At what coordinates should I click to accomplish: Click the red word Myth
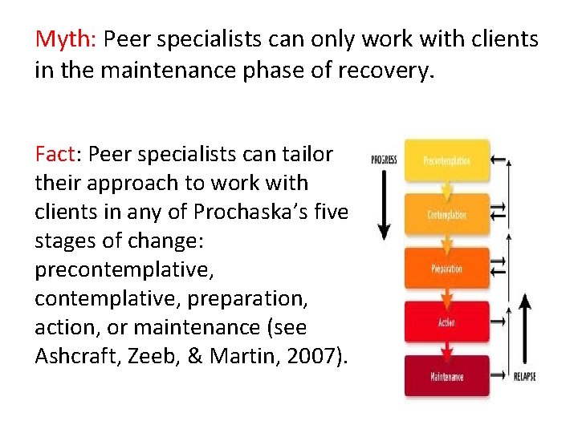(x=65, y=38)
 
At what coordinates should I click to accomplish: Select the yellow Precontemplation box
(x=446, y=160)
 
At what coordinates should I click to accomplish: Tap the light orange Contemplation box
(x=446, y=215)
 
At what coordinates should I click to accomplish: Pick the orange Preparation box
(x=446, y=269)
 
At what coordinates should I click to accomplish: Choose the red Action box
(x=446, y=322)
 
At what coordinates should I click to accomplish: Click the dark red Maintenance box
(x=446, y=376)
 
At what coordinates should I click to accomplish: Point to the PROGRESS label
(x=384, y=160)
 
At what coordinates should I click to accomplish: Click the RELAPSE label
(x=524, y=376)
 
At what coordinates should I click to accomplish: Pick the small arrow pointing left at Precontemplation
(x=498, y=160)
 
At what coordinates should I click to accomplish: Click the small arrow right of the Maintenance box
(x=498, y=375)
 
